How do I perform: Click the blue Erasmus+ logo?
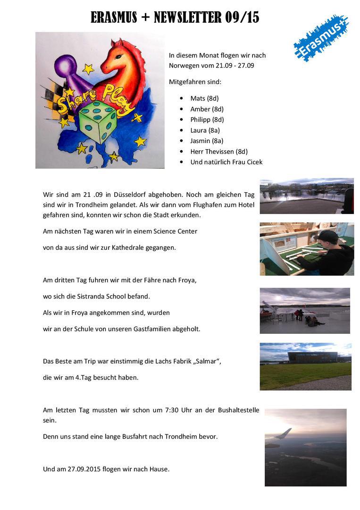[321, 38]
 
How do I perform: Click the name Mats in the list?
[198, 98]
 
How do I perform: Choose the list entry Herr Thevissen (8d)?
[219, 152]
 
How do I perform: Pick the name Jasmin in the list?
[200, 141]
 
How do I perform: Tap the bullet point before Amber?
[182, 109]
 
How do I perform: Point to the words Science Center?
[175, 231]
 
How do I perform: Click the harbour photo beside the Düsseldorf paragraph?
[306, 195]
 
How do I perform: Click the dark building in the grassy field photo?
[312, 357]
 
